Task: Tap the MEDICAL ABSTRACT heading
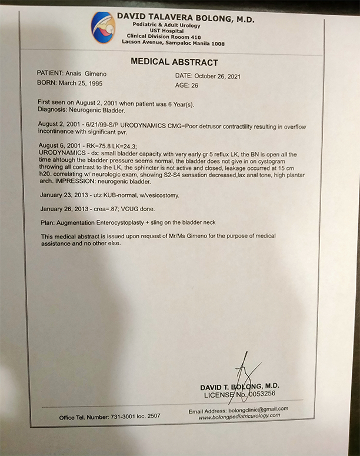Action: point(174,62)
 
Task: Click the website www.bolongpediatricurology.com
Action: point(239,416)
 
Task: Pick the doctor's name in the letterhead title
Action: point(185,19)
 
